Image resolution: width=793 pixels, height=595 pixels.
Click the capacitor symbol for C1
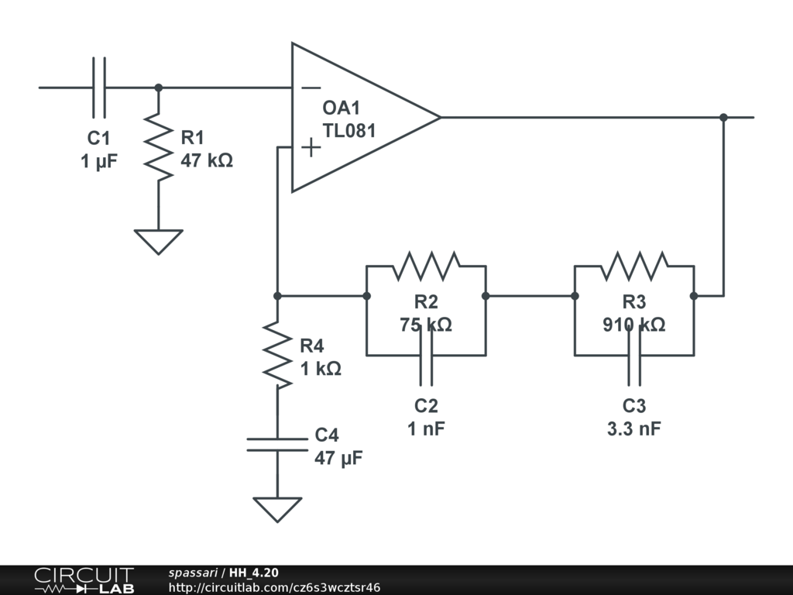coord(98,88)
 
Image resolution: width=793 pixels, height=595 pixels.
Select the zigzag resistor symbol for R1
coord(159,146)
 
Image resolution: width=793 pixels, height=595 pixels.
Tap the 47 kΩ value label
coord(207,161)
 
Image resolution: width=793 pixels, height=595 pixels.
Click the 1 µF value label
coord(99,162)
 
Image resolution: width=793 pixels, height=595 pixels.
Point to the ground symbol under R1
coord(159,241)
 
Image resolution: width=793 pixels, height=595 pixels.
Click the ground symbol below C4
coord(276,509)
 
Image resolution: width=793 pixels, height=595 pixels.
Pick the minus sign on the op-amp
coord(311,88)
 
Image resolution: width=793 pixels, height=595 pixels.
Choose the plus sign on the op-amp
coord(310,147)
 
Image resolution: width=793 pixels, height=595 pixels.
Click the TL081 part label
coord(349,130)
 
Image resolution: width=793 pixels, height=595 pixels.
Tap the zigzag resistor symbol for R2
coord(426,266)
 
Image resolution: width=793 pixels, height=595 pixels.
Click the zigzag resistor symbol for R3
coord(634,266)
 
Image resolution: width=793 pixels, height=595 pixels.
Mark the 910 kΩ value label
coord(634,325)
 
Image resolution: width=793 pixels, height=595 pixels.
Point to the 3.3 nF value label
coord(634,428)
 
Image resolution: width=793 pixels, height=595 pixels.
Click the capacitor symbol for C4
coord(276,444)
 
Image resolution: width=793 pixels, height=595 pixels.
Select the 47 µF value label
coord(338,457)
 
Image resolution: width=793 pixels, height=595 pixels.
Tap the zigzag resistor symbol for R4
coord(276,355)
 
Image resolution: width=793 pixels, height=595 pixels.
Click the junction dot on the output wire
coord(723,118)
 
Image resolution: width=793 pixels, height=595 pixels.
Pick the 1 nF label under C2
coord(427,428)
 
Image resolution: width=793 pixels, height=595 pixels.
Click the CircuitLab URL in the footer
coord(274,587)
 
